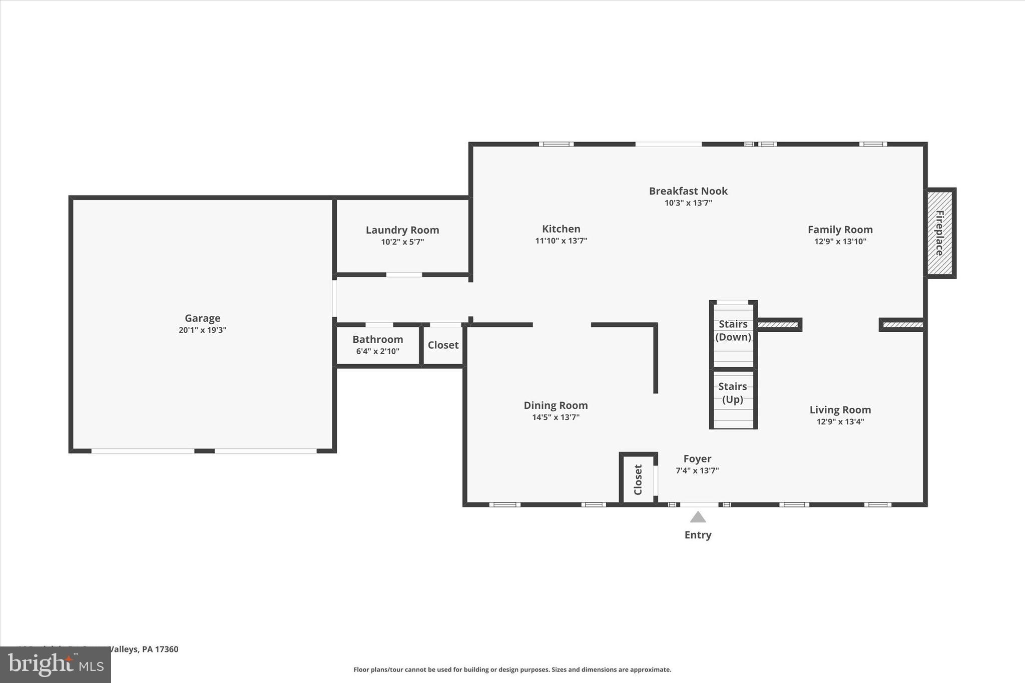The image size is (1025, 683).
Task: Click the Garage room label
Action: pyautogui.click(x=202, y=318)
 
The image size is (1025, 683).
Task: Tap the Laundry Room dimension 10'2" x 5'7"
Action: pyautogui.click(x=402, y=242)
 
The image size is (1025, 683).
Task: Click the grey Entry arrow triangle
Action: pyautogui.click(x=698, y=517)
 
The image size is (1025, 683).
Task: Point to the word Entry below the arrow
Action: pyautogui.click(x=698, y=535)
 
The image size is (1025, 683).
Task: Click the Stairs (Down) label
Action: pyautogui.click(x=733, y=330)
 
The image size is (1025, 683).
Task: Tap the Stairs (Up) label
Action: pyautogui.click(x=732, y=393)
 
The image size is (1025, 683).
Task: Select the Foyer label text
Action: pyautogui.click(x=697, y=459)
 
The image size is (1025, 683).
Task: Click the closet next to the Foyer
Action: pyautogui.click(x=638, y=479)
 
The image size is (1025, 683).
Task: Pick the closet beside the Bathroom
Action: pyautogui.click(x=443, y=345)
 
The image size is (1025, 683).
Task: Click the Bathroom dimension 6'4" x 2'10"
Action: pyautogui.click(x=377, y=352)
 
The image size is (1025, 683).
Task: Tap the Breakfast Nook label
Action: pyautogui.click(x=688, y=191)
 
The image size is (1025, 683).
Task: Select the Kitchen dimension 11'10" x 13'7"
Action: pyautogui.click(x=561, y=241)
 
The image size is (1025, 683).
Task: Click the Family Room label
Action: pyautogui.click(x=840, y=230)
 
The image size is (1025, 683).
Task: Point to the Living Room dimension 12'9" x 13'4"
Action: pyautogui.click(x=840, y=422)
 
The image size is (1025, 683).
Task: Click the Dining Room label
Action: pyautogui.click(x=556, y=406)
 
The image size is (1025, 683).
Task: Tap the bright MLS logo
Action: pyautogui.click(x=56, y=664)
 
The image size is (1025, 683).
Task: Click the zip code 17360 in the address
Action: pyautogui.click(x=167, y=649)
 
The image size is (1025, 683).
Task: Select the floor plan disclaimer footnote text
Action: pyautogui.click(x=512, y=669)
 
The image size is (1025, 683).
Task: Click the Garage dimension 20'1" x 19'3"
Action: pyautogui.click(x=202, y=330)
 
